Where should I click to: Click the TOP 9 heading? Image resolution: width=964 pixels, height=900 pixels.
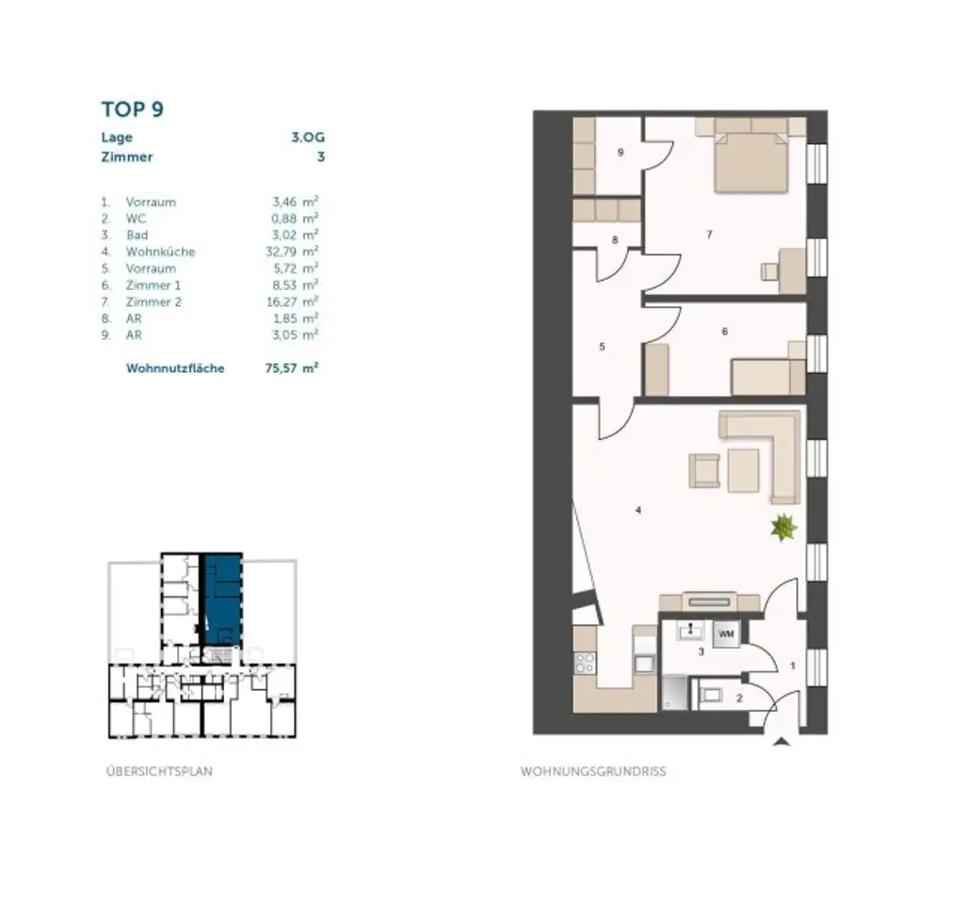133,109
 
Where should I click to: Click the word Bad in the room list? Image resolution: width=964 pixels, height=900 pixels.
137,235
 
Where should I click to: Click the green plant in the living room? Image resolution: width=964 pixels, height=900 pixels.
782,528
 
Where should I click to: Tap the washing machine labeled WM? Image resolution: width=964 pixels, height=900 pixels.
726,635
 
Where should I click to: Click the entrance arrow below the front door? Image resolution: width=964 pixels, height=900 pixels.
779,742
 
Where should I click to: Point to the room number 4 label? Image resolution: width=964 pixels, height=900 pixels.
638,511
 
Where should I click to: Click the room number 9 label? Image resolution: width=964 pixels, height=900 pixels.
620,153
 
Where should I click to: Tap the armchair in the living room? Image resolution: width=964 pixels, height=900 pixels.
704,470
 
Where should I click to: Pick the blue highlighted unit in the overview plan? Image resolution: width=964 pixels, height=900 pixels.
222,600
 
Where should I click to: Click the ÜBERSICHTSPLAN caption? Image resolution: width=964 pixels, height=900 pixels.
159,771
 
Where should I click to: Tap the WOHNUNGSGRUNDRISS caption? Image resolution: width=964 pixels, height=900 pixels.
593,771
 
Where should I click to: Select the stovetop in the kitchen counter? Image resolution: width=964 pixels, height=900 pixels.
585,662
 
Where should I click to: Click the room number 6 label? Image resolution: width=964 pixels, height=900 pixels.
724,331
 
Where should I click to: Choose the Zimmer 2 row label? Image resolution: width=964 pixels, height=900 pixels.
153,302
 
